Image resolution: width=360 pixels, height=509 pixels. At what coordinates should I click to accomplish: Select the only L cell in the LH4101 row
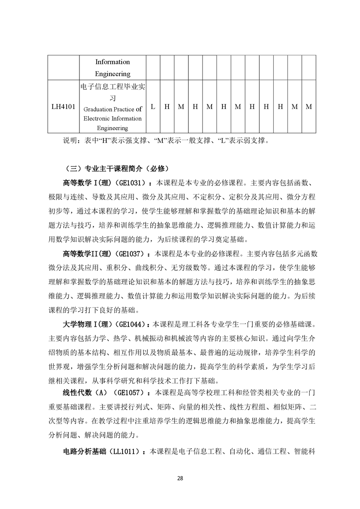click(153, 107)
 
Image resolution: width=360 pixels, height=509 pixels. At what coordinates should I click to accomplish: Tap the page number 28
click(180, 478)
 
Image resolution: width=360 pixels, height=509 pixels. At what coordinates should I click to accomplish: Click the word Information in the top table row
click(113, 62)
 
